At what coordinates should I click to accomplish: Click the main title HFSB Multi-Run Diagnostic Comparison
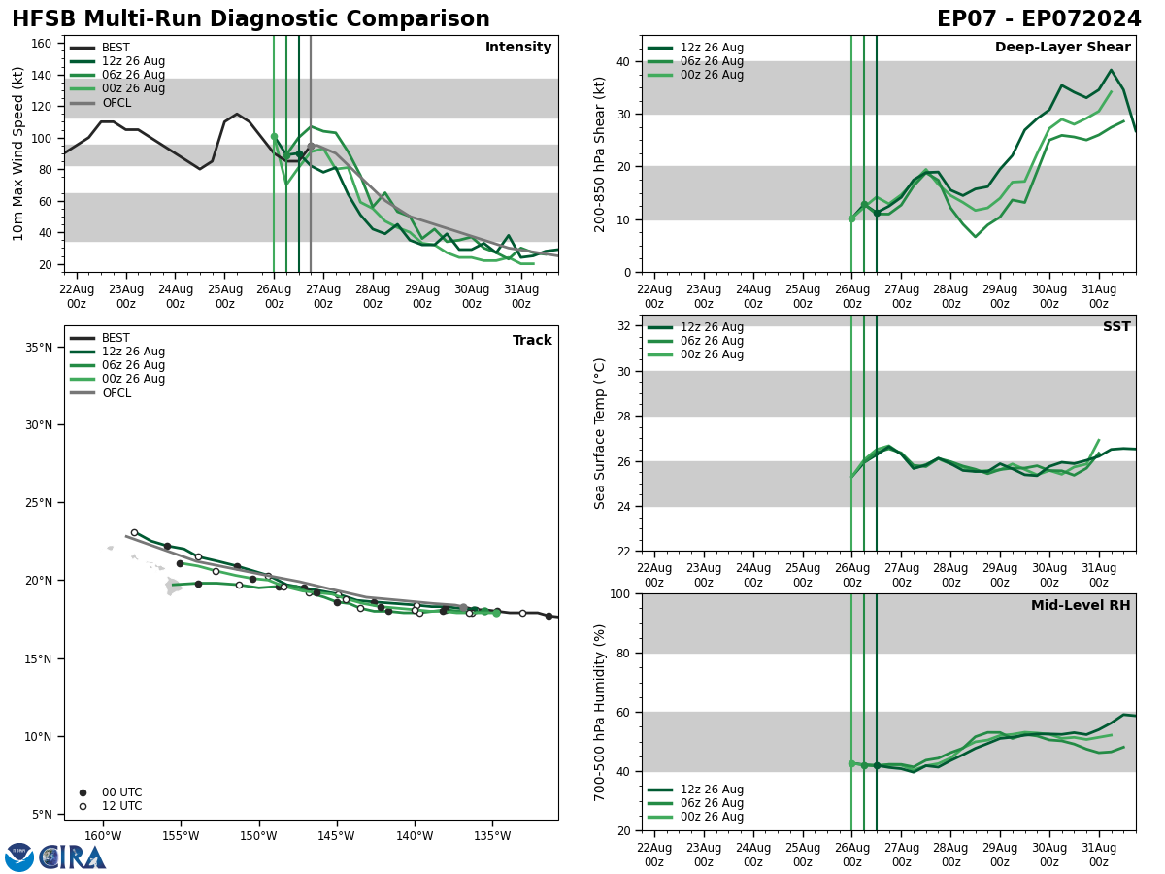point(250,19)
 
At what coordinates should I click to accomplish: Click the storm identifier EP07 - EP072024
point(1039,19)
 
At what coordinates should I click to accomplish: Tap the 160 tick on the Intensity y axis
point(42,44)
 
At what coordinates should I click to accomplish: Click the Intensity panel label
point(518,48)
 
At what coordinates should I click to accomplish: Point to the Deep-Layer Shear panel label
point(1062,48)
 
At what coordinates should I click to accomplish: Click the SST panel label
point(1116,327)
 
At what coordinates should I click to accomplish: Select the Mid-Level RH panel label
point(1081,606)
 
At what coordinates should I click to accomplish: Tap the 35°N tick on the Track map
point(38,348)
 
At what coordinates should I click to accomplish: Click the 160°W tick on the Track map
point(103,836)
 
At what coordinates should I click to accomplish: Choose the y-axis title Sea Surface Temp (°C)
point(601,433)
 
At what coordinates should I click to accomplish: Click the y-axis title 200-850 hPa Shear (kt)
point(601,153)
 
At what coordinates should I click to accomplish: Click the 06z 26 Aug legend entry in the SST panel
point(712,342)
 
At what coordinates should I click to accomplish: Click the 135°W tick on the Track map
point(493,836)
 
